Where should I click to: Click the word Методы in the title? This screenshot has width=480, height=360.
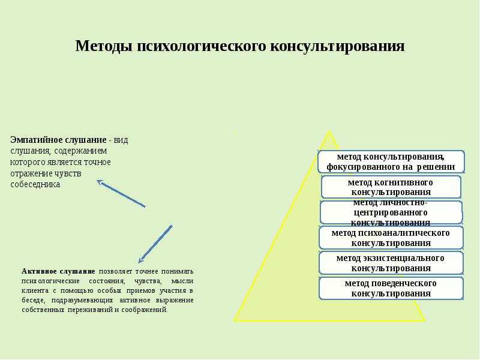coord(104,46)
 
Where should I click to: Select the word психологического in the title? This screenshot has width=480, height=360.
coord(202,47)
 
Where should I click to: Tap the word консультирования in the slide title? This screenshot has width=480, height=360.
coord(337,47)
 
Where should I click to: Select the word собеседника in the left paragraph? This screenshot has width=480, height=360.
coord(35,185)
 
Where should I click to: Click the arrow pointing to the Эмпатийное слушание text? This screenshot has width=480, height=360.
coord(121,193)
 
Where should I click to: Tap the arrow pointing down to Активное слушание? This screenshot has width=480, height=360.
coord(155,244)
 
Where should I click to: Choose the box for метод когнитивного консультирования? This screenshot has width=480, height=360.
coord(391,187)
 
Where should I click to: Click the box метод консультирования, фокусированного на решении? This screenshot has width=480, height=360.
coord(391,161)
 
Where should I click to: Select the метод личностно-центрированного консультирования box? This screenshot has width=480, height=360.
coord(391,212)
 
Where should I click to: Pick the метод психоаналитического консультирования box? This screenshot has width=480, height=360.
coord(391,238)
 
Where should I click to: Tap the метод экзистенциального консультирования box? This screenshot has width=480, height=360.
coord(391,263)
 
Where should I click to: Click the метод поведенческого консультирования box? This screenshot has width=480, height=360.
coord(391,289)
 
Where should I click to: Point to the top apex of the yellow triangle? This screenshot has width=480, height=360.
coord(329,131)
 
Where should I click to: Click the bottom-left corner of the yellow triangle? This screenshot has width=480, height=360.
coord(235,320)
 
